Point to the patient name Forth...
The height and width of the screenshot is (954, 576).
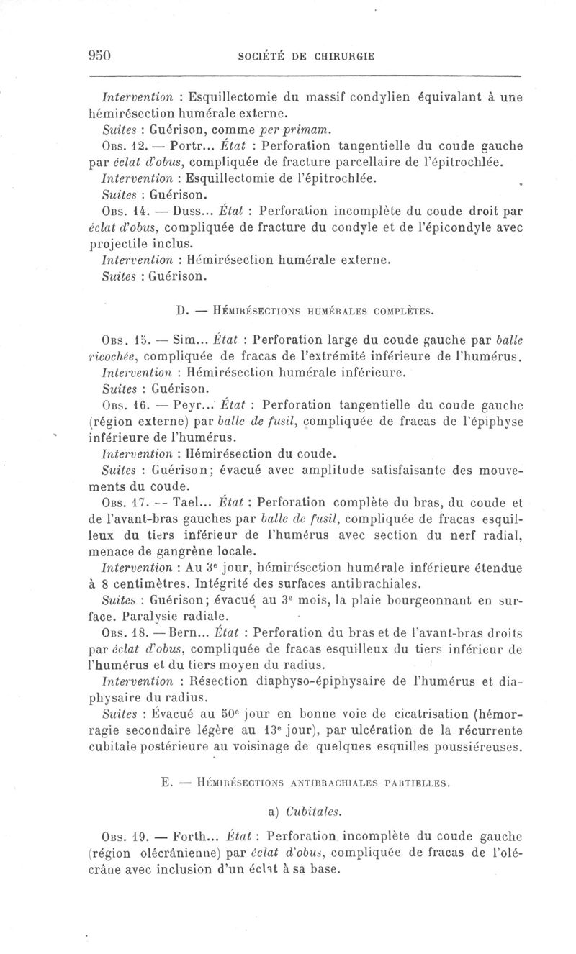190,837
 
